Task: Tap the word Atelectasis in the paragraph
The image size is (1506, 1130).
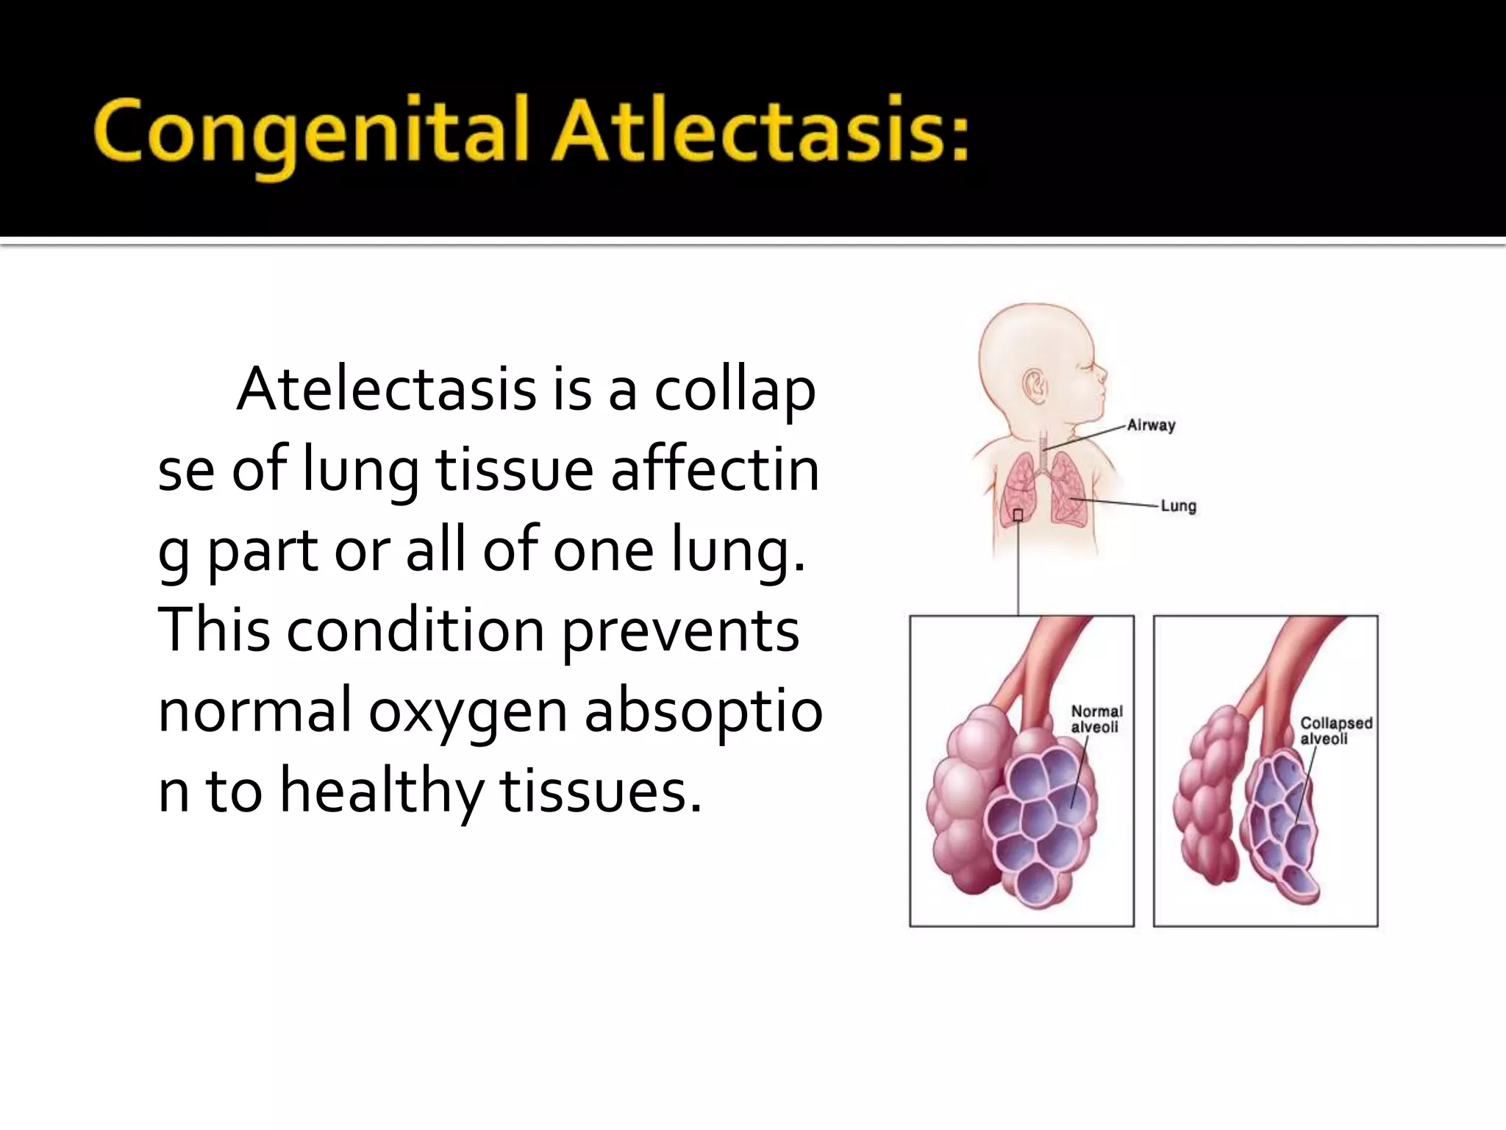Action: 386,389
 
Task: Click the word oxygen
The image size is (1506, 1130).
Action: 468,712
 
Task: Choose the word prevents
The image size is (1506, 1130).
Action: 681,631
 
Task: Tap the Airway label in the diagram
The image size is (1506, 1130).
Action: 1152,424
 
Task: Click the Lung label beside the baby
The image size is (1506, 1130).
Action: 1178,506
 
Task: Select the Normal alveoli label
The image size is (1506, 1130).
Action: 1096,719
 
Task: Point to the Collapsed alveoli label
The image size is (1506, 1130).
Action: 1335,731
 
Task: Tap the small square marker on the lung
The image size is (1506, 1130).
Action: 1018,515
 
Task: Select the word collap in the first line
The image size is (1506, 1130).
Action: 735,391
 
